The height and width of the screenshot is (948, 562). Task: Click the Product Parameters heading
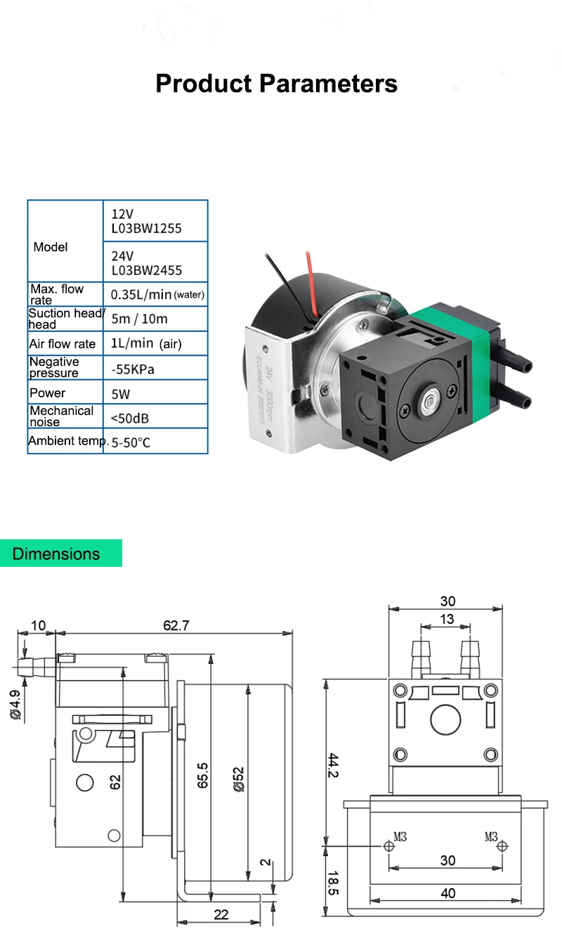[276, 84]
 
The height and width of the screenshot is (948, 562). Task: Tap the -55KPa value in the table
[133, 367]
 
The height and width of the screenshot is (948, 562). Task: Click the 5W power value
[121, 392]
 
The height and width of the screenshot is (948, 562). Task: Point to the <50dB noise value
[131, 418]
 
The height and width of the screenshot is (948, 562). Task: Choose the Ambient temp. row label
[66, 441]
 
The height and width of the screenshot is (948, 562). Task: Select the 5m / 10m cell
[140, 319]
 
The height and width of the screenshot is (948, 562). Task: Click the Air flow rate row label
[62, 344]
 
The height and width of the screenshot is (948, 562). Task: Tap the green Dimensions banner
[60, 553]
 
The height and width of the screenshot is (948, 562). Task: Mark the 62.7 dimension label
[176, 625]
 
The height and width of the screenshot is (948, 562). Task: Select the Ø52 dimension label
[239, 779]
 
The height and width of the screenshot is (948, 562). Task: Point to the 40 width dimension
[447, 893]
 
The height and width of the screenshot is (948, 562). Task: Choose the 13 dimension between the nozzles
[447, 620]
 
